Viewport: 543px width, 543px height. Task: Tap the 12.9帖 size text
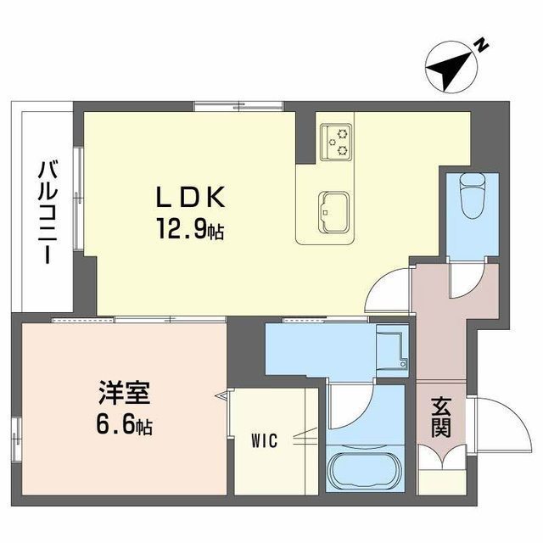point(190,228)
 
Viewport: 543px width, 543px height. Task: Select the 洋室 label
point(125,393)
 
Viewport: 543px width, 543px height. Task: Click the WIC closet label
point(264,441)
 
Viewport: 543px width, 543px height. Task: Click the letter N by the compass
point(481,46)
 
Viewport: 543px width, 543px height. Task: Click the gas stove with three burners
point(336,142)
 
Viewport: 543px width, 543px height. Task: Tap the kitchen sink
point(333,212)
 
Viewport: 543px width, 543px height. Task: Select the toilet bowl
point(472,195)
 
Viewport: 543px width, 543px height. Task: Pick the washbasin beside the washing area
point(392,350)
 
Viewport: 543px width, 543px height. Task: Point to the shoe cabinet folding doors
point(441,458)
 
